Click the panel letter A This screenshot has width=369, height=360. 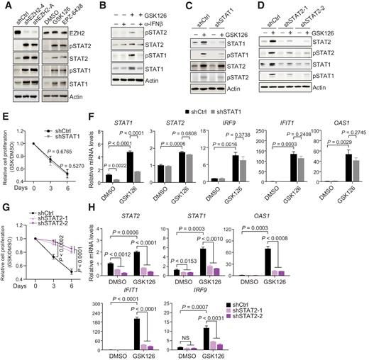(x=5, y=6)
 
